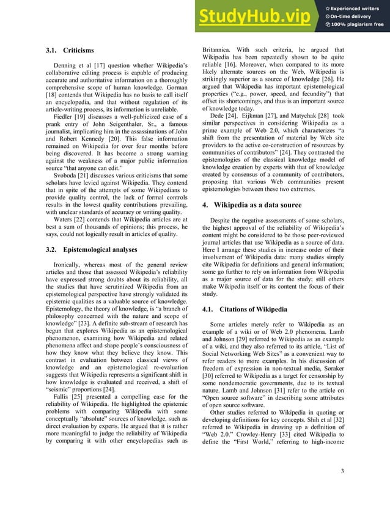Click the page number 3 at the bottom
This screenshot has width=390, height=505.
pos(343,487)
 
